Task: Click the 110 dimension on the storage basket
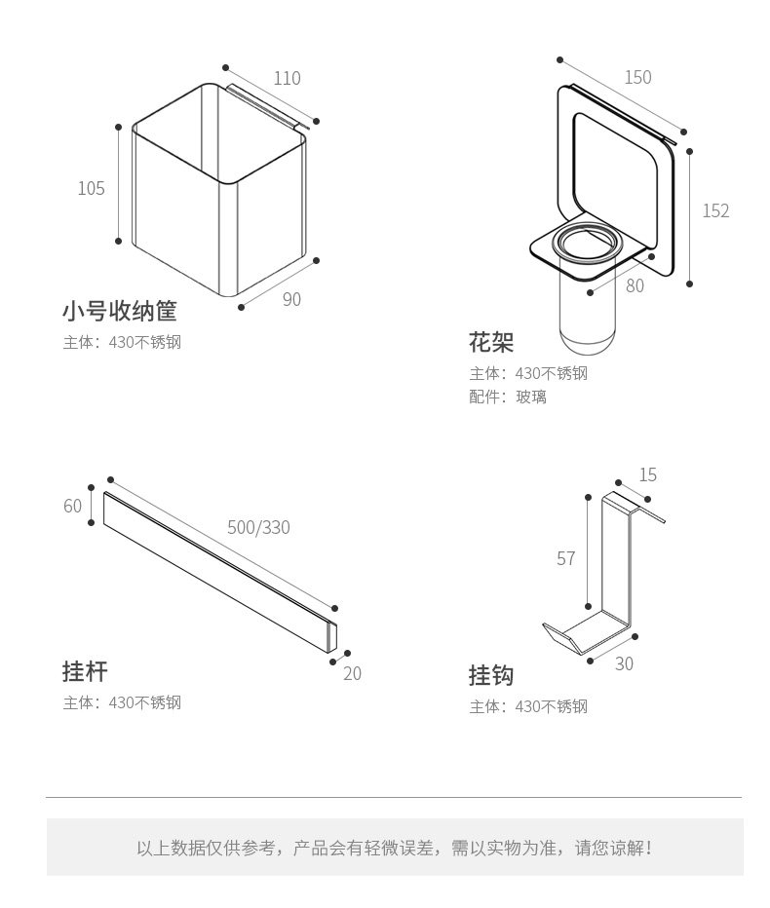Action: (287, 78)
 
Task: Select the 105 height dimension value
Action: (91, 188)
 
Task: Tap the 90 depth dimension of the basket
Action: (291, 299)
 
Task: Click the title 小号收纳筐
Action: (120, 312)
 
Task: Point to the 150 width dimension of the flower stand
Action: (637, 77)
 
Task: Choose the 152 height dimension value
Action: (715, 210)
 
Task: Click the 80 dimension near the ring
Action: (635, 285)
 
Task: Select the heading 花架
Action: (490, 343)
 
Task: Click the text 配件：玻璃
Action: (508, 397)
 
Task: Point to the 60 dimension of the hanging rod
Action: (73, 506)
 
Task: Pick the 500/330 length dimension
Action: (258, 527)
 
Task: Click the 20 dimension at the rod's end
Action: (352, 673)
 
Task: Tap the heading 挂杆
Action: (85, 671)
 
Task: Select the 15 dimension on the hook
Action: (648, 474)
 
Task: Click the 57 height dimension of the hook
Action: (566, 558)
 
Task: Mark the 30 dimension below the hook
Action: (624, 663)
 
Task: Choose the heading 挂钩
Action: (490, 675)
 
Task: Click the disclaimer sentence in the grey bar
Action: (394, 848)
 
